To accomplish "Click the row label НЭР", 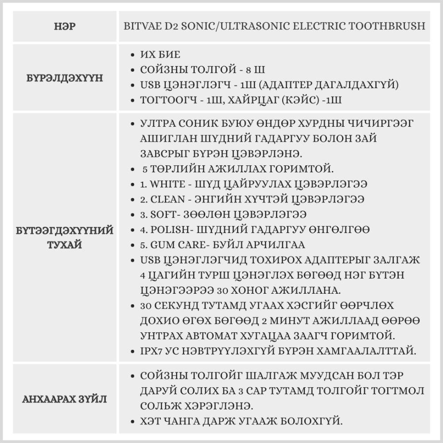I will [x=64, y=27].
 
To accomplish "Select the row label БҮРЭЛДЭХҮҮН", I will [x=64, y=78].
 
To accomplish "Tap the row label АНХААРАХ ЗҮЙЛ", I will [x=64, y=399].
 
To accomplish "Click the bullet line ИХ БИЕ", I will [x=160, y=55].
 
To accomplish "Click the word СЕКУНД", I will [x=180, y=306].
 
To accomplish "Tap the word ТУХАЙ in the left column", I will [x=64, y=245].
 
